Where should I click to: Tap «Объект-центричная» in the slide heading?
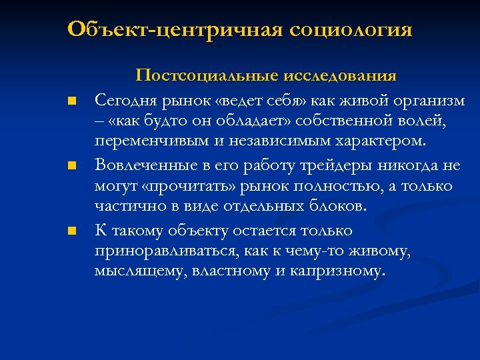[176, 30]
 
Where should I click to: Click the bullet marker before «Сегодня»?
[70, 102]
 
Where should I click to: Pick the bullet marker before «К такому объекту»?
[70, 231]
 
